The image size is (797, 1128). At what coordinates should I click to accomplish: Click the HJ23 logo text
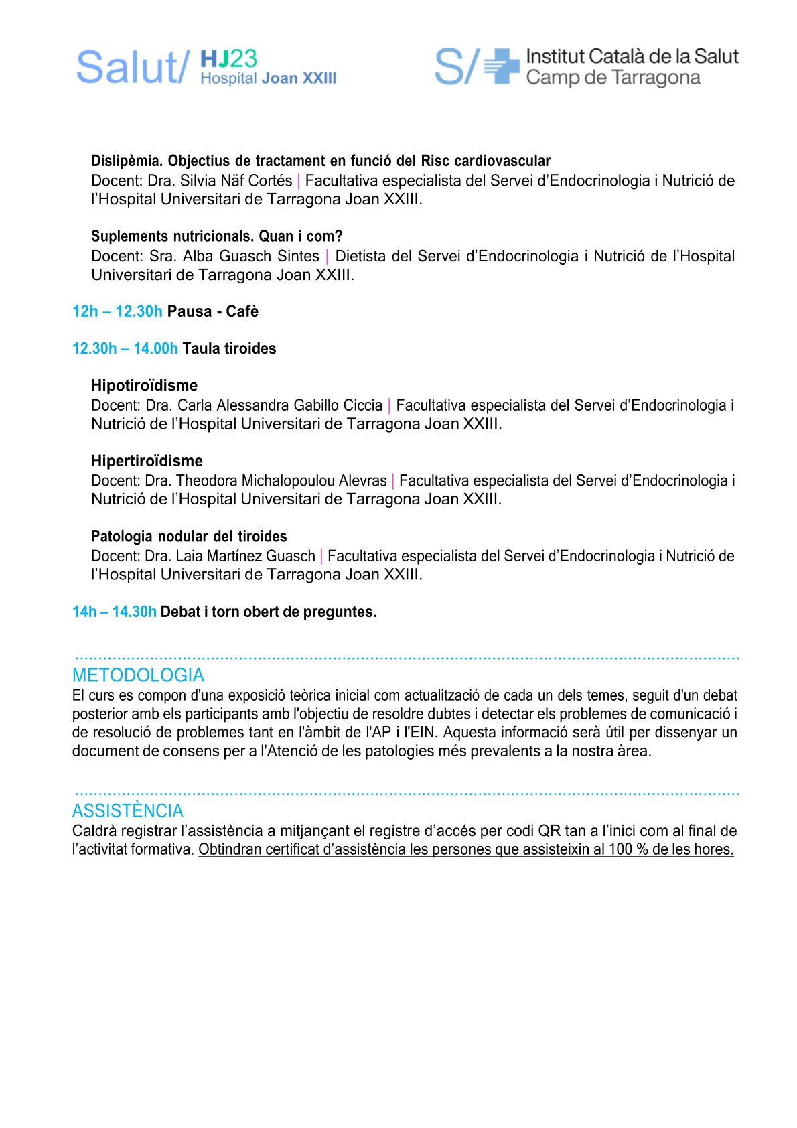[x=228, y=59]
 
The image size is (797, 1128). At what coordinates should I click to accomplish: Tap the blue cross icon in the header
[x=502, y=66]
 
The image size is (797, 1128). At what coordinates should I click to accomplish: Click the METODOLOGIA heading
[x=138, y=675]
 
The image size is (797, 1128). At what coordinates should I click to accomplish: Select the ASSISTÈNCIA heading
[x=127, y=810]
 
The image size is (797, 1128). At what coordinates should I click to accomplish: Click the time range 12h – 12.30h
[x=117, y=311]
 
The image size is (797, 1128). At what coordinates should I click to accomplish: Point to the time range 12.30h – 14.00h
[x=125, y=348]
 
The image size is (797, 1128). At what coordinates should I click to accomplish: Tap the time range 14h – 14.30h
[x=114, y=612]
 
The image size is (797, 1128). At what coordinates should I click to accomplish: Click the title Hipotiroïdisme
[x=144, y=385]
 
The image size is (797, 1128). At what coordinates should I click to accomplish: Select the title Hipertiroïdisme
[x=147, y=461]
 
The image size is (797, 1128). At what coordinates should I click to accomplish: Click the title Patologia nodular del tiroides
[x=189, y=537]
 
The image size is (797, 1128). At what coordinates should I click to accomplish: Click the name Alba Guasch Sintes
[x=250, y=256]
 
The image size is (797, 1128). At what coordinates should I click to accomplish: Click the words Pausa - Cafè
[x=212, y=311]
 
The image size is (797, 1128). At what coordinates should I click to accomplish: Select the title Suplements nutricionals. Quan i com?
[x=216, y=236]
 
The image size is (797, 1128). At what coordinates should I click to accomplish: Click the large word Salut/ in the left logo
[x=132, y=68]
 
